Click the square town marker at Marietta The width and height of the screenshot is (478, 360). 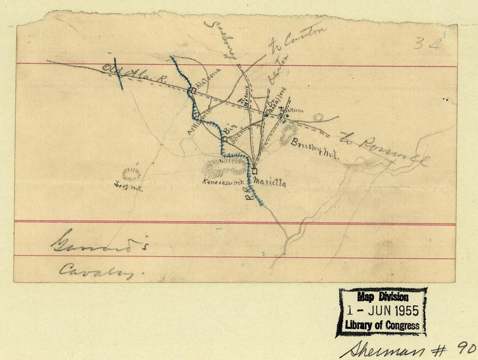255,171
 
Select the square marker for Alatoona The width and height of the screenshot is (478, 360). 193,90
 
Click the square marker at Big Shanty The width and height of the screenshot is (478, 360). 225,139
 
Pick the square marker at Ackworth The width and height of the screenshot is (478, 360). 197,115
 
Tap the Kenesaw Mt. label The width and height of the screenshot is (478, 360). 222,183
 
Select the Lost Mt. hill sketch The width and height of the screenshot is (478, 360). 131,174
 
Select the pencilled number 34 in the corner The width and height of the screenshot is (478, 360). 428,43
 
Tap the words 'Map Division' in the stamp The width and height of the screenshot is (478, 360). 383,297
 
